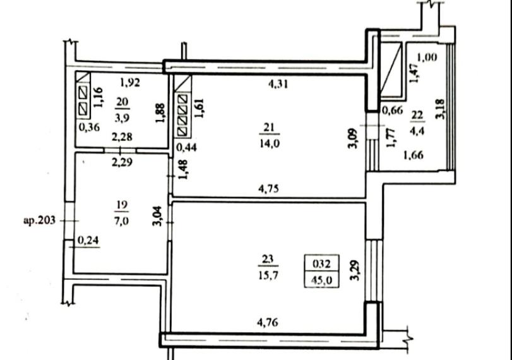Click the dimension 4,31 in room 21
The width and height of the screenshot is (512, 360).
278,84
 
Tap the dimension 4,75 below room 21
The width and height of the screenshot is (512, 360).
268,189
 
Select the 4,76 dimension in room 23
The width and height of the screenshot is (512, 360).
268,323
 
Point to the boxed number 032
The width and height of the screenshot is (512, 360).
321,263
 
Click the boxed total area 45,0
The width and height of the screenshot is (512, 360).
321,280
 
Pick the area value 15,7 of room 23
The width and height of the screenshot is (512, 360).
268,275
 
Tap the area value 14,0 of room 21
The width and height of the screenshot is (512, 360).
270,143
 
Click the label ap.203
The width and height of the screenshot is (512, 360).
40,221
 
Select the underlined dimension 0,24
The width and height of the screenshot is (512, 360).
89,241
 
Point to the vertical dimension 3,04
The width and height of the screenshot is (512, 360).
157,216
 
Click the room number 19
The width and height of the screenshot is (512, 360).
122,205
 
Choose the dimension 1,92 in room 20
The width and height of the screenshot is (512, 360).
130,83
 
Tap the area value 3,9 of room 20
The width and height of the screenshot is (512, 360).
122,117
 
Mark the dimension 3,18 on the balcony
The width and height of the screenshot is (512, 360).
440,109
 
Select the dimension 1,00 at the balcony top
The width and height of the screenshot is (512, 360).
427,58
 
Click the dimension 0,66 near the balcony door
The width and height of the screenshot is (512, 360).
392,110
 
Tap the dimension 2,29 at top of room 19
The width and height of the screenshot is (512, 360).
122,162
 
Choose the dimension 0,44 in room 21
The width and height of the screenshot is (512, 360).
186,147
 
